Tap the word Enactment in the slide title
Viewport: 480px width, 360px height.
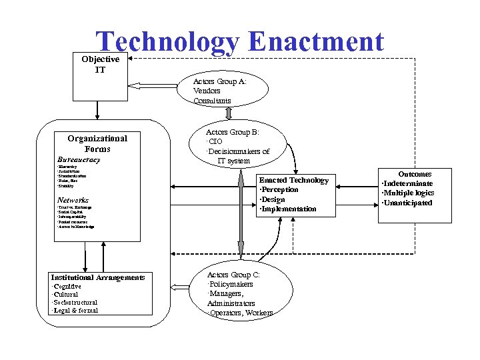coord(315,42)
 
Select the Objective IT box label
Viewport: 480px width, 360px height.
coord(100,64)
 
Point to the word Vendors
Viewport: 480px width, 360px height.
coord(207,91)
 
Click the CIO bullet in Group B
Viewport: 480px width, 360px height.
coord(215,142)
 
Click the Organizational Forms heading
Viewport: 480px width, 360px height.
coord(97,143)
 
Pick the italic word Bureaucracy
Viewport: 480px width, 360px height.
coord(79,160)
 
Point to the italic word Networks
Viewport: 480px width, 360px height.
coord(73,200)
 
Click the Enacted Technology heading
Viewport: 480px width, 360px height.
coord(293,180)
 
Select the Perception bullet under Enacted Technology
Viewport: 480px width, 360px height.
coord(279,190)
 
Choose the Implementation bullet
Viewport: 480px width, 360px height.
coord(289,209)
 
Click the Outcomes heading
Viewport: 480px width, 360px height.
coord(415,174)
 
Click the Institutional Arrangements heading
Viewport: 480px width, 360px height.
coord(98,277)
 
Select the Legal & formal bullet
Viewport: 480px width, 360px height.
coord(75,311)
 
